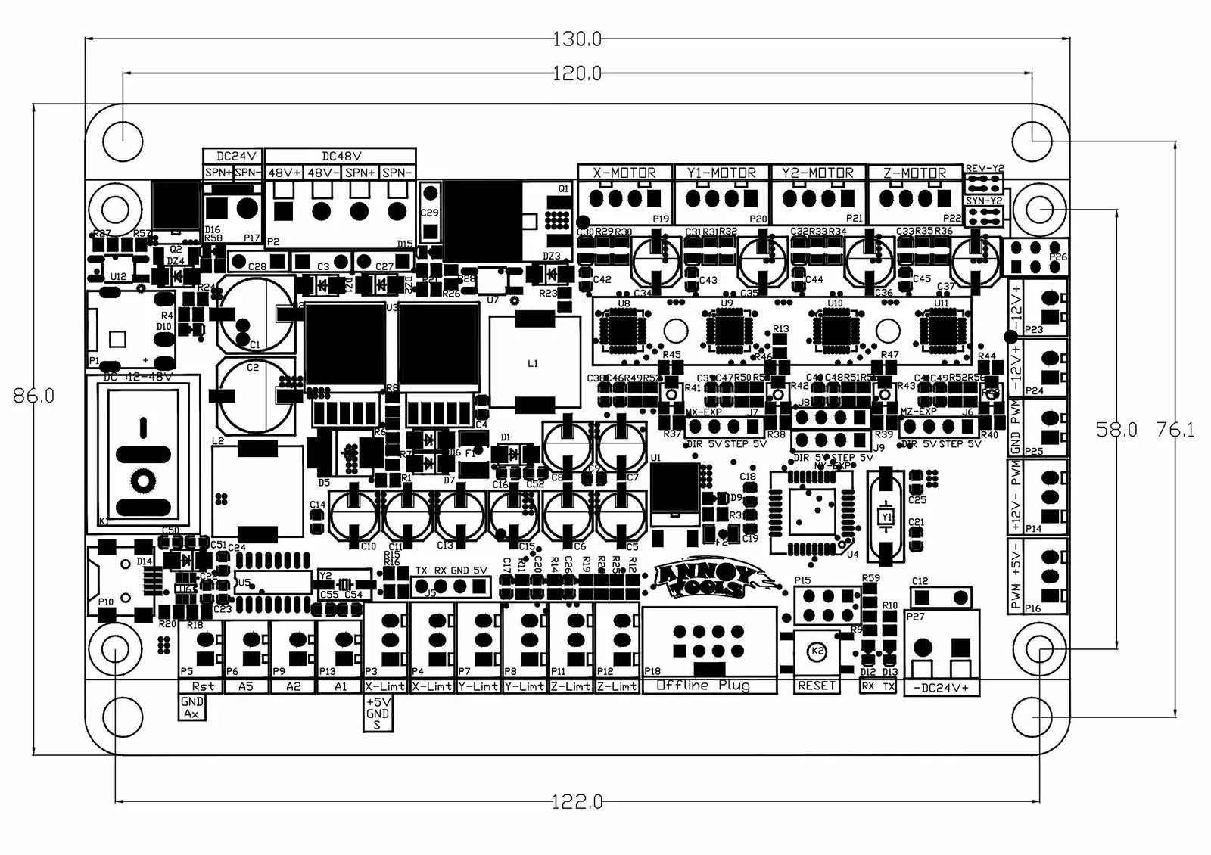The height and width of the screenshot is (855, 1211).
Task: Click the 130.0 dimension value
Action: (x=577, y=39)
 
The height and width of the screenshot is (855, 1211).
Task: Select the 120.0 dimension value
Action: (x=577, y=73)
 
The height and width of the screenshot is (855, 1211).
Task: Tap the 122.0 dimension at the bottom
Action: (x=577, y=801)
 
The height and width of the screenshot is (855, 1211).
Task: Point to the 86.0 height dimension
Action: (x=34, y=396)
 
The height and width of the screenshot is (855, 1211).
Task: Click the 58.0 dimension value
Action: (x=1116, y=430)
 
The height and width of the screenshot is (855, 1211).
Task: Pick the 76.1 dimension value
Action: (x=1175, y=430)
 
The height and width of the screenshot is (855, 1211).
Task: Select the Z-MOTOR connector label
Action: (x=914, y=173)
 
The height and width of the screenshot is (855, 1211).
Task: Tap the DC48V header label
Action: (x=341, y=156)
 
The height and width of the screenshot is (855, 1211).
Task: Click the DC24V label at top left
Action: (x=232, y=156)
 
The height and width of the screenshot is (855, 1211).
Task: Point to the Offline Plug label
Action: (x=704, y=686)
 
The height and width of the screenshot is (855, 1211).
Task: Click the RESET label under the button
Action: (x=817, y=686)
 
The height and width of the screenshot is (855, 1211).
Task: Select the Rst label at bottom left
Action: (x=203, y=686)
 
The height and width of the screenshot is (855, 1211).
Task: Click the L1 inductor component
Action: (x=532, y=364)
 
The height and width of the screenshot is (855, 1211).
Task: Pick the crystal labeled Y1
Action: (x=886, y=516)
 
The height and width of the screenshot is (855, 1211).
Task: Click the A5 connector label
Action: (x=246, y=686)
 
